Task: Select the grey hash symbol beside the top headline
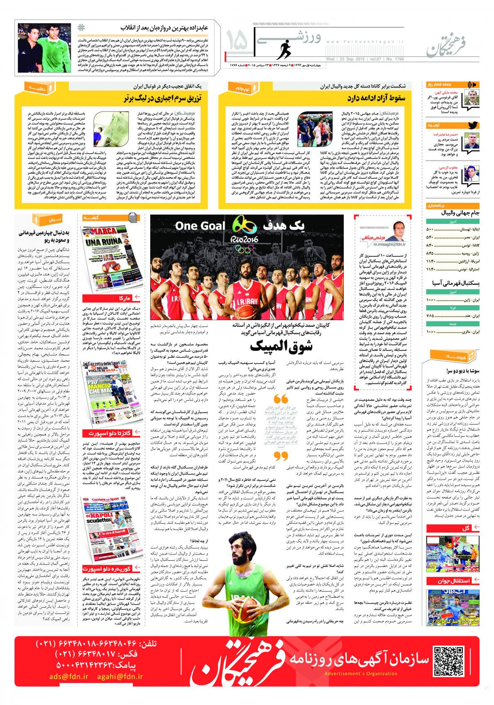(81, 28)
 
